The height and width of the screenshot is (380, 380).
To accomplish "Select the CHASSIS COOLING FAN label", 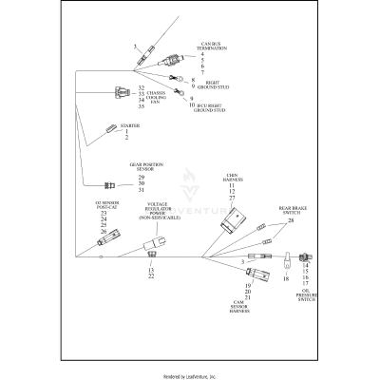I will point(162,96).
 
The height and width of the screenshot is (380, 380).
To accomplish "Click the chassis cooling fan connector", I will point(121,93).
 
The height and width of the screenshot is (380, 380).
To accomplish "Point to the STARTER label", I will point(130,124).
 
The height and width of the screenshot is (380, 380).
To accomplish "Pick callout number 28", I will point(291,219).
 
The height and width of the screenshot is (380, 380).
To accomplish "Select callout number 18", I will point(285,280).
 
